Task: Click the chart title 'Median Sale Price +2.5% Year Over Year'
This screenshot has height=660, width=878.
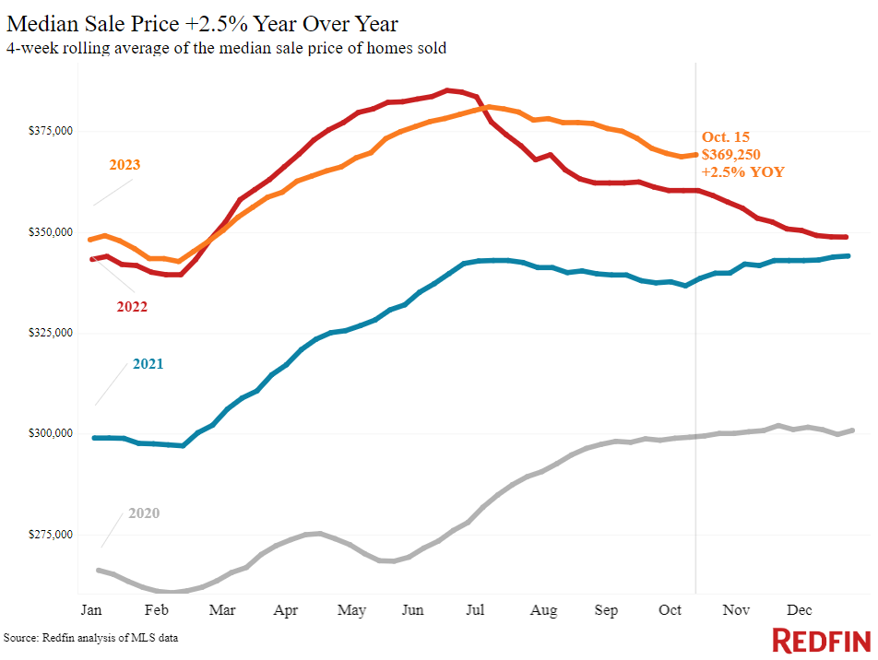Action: point(203,23)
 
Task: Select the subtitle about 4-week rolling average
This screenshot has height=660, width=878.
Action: point(226,48)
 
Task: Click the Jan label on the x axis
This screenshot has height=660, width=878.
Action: point(91,609)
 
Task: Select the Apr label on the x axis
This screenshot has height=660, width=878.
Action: point(286,609)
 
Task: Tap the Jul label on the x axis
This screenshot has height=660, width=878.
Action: point(477,609)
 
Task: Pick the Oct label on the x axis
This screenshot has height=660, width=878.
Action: point(670,609)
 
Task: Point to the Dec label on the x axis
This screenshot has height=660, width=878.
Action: point(799,609)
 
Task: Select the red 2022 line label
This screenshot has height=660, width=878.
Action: point(131,306)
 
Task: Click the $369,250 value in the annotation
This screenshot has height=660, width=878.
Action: point(731,154)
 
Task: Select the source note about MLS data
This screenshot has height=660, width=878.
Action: point(90,638)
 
